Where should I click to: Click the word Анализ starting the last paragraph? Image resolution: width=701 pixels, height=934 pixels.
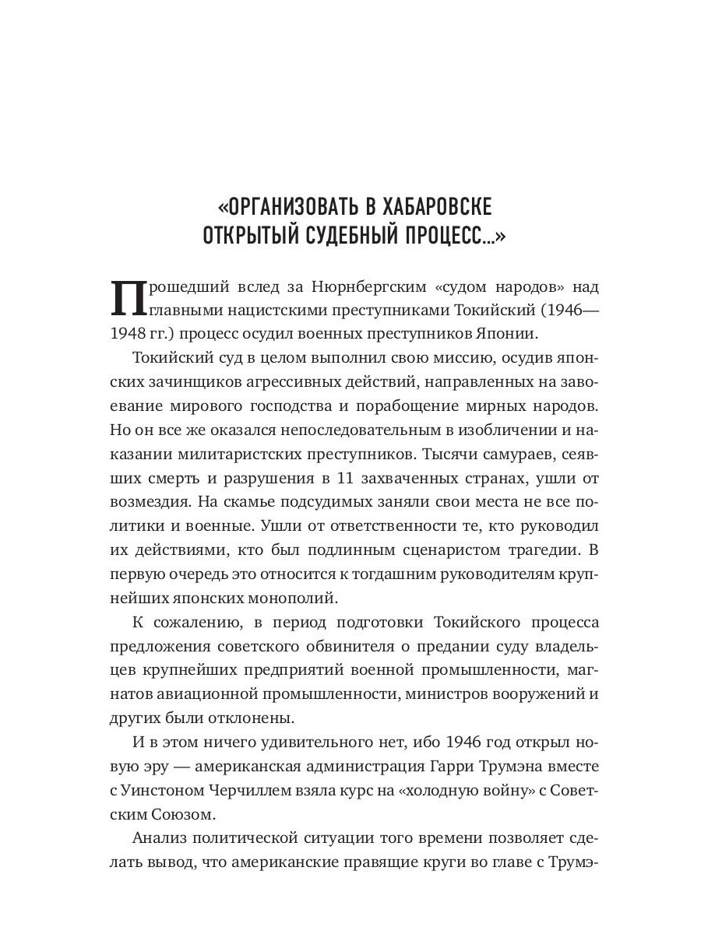163,839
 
